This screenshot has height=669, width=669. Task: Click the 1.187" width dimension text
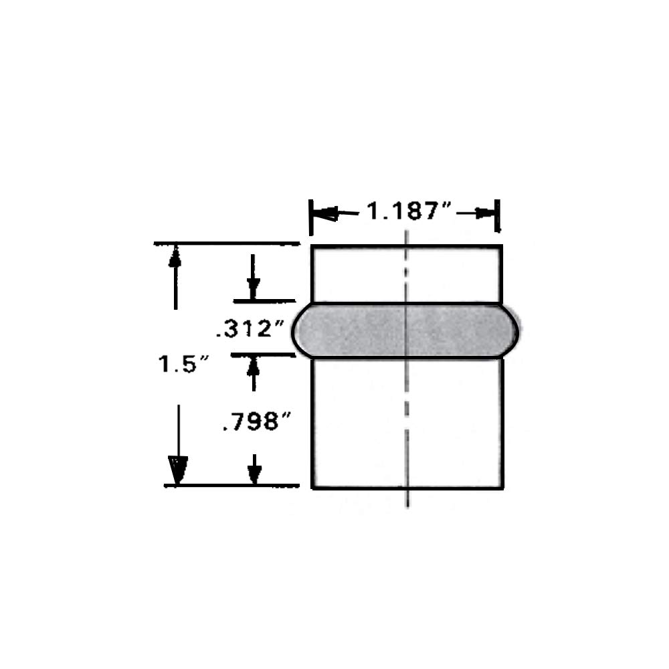point(409,212)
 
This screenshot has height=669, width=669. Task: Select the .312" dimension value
point(250,328)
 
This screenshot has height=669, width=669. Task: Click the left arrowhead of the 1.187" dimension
point(325,214)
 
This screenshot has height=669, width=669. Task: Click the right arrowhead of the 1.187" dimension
point(486,213)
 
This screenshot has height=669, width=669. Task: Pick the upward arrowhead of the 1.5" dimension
point(175,256)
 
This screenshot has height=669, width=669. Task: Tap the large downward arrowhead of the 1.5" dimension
point(177,470)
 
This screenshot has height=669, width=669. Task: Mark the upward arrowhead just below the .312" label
point(253,365)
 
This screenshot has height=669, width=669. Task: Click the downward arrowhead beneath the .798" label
point(254,473)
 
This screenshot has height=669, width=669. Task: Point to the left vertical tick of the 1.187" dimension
point(310,215)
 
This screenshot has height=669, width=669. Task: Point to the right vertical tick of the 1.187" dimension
point(498,215)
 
